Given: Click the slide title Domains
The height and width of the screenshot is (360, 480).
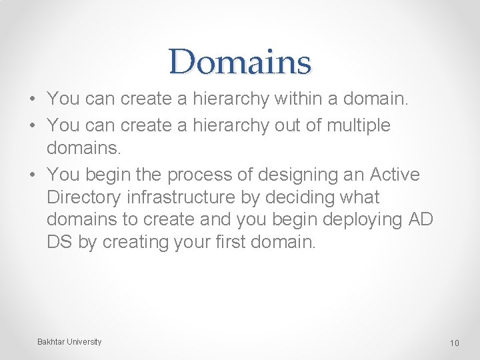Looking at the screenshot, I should click(x=240, y=62).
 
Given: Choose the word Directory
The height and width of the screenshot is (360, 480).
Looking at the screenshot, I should click(x=87, y=197).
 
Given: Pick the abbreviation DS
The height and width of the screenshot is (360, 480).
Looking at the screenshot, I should click(x=60, y=242).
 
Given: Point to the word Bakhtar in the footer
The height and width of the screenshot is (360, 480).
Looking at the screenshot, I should click(x=51, y=342).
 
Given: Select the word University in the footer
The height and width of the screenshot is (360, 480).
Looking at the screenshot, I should click(x=84, y=342).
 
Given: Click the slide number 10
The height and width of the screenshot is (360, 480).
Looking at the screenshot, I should click(x=455, y=343).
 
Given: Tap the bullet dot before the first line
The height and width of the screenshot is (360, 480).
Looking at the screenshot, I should click(x=32, y=99).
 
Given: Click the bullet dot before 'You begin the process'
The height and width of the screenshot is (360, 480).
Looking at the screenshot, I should click(x=32, y=175).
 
